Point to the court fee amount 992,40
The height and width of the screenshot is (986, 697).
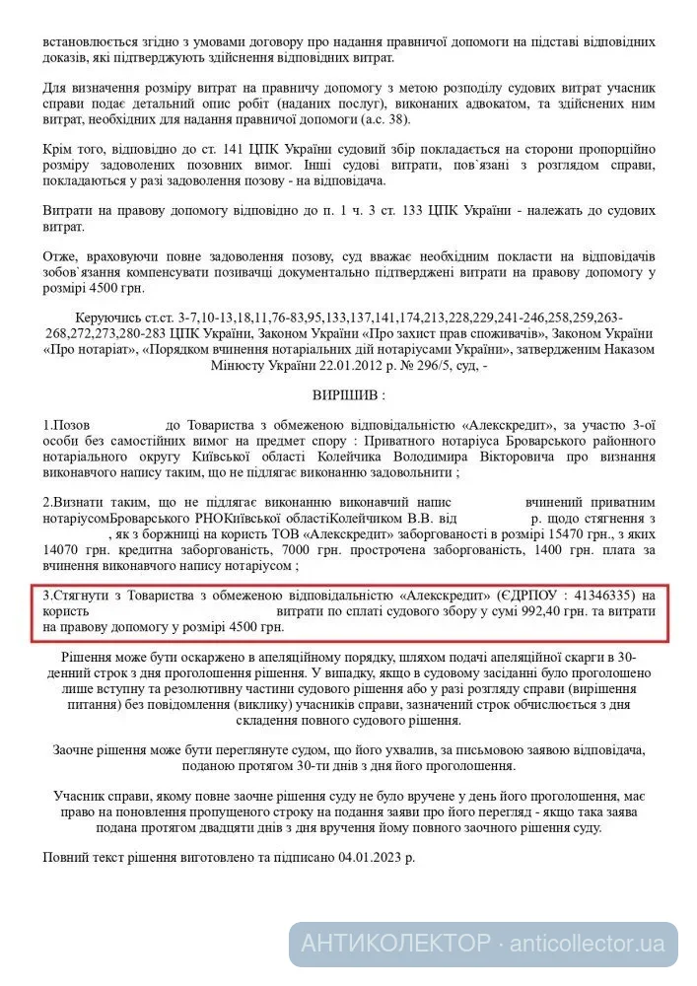pos(512,611)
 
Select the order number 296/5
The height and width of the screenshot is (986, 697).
pos(442,364)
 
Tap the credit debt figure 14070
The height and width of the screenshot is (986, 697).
pos(61,550)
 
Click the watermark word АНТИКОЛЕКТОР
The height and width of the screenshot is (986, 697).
pos(395,943)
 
